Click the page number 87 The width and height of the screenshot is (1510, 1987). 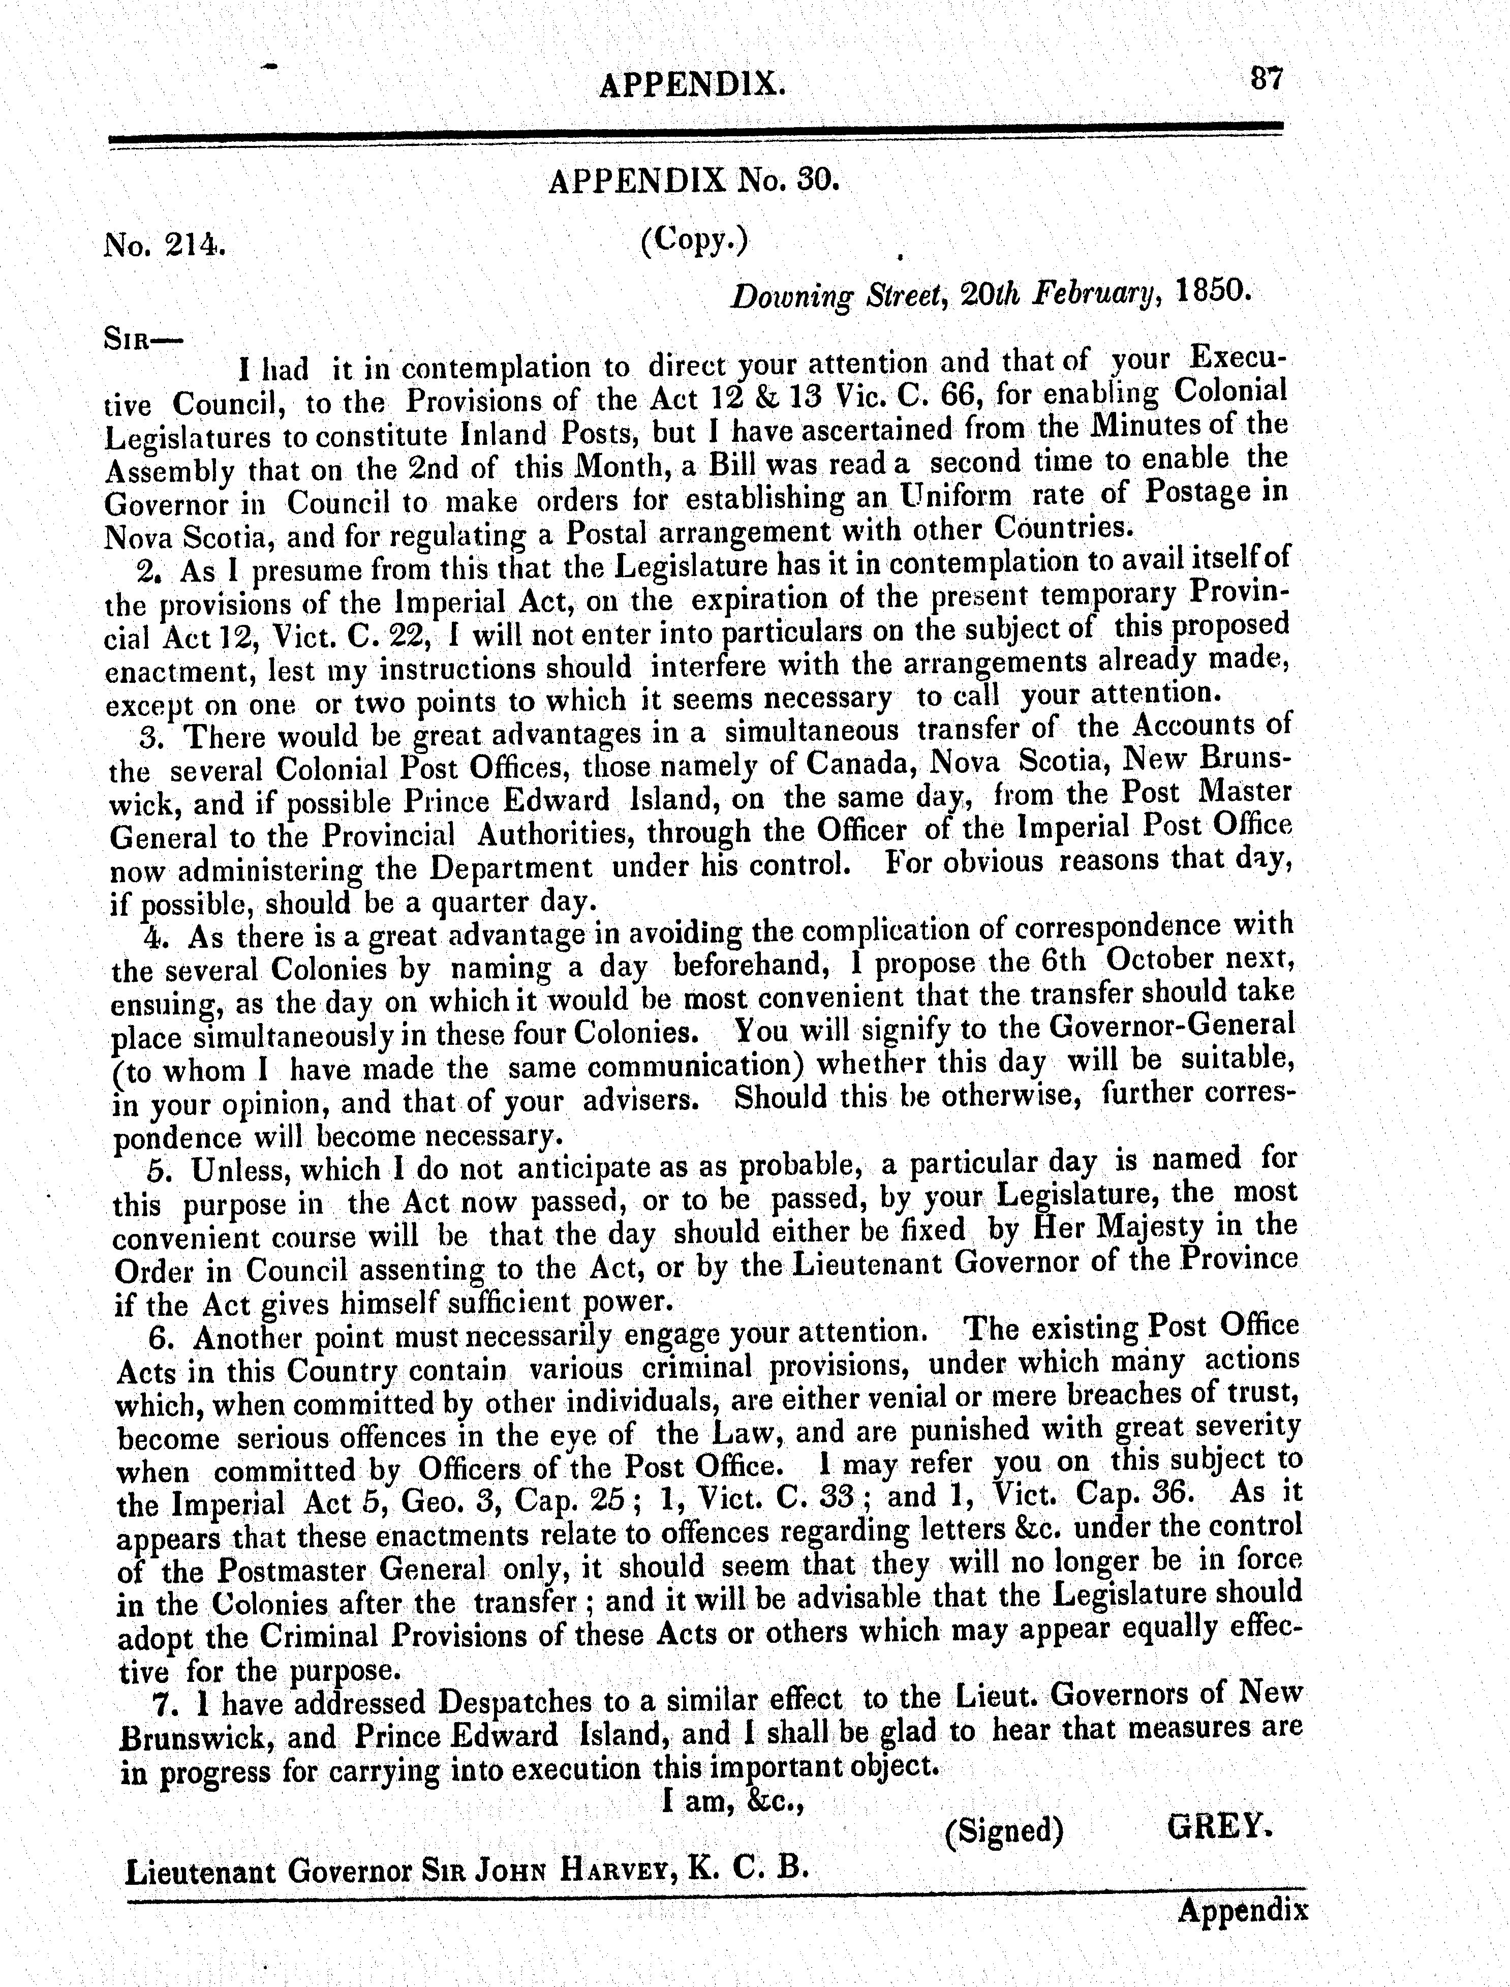(1268, 80)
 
